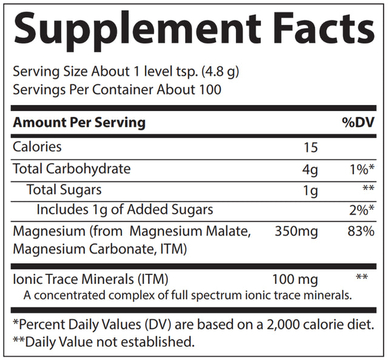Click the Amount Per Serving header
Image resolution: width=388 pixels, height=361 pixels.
[x=79, y=123]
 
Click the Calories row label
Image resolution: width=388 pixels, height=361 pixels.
[x=38, y=147]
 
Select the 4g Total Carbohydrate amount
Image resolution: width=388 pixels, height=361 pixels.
[x=309, y=169]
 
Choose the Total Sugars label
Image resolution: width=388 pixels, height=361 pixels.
[x=64, y=190]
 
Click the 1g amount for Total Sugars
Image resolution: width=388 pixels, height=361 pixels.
[x=310, y=191]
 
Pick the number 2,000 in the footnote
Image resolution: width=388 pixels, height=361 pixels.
[x=279, y=324]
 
